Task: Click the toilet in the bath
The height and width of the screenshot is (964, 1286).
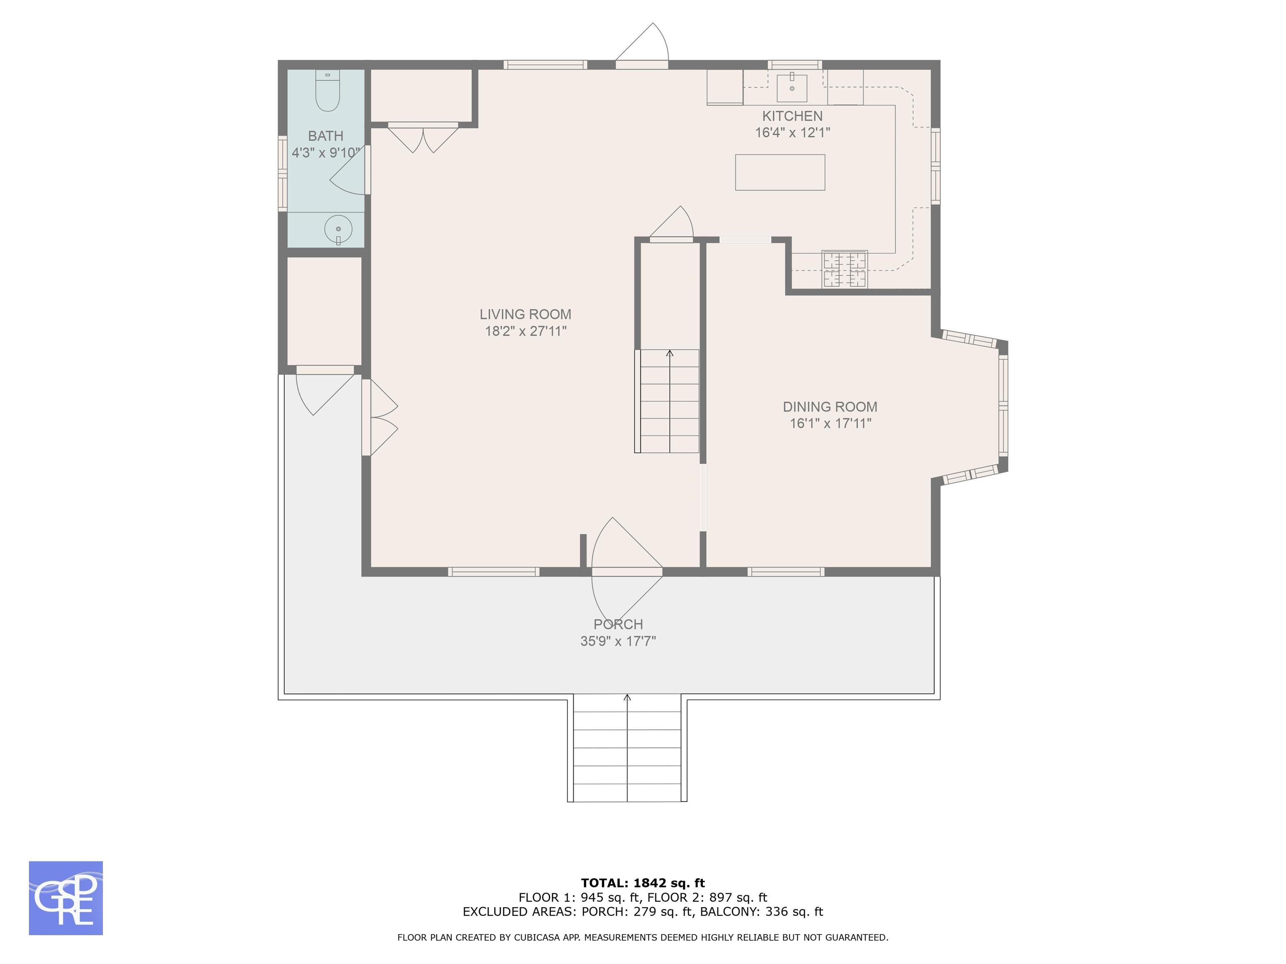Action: click(327, 91)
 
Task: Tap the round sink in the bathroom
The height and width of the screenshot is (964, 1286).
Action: click(338, 229)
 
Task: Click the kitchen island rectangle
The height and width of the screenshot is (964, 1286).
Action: click(780, 172)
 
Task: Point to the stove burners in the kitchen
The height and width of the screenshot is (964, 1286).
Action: click(845, 269)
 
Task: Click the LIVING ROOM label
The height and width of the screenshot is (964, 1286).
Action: click(525, 314)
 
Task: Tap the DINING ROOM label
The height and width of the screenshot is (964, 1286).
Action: click(830, 407)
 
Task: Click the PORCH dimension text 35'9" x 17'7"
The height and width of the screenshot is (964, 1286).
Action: click(618, 641)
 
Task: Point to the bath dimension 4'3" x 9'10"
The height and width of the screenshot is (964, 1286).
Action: click(326, 153)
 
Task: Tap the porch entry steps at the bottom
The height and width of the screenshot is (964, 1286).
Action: click(628, 748)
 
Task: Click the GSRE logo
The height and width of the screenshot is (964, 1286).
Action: click(66, 898)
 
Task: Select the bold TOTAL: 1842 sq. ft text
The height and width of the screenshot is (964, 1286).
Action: click(643, 883)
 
